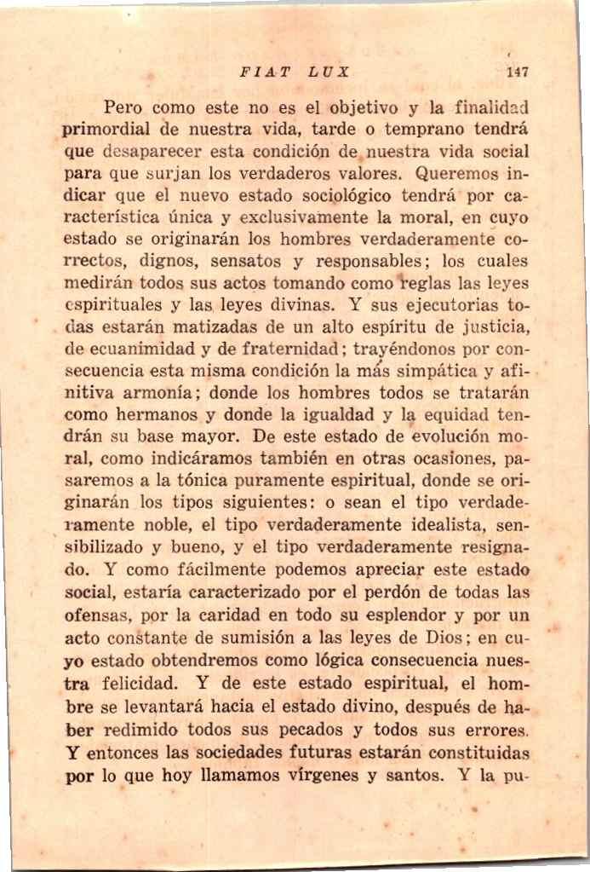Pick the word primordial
pos(108,131)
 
